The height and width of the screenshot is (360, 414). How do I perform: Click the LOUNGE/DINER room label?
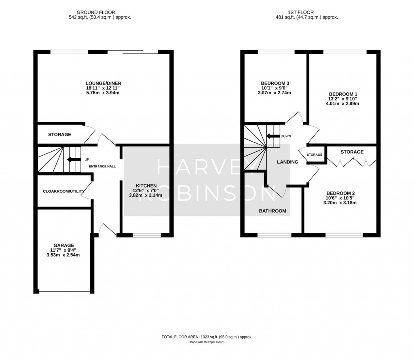click(103, 83)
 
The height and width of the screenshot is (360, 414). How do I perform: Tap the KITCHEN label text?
click(146, 186)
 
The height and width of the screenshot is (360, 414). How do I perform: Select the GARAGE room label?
click(63, 246)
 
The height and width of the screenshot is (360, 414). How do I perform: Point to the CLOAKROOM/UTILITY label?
click(63, 191)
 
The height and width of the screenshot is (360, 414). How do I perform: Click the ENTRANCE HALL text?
click(102, 166)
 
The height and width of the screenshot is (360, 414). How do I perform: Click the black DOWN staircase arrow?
click(273, 136)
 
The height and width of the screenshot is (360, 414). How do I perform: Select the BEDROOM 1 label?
click(343, 94)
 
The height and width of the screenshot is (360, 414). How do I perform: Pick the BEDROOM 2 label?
click(340, 193)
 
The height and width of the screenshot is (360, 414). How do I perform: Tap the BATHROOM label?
click(272, 211)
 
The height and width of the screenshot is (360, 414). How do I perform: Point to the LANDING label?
click(287, 162)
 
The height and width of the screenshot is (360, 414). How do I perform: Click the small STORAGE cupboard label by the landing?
click(315, 155)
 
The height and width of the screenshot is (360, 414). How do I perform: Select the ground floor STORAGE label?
click(60, 135)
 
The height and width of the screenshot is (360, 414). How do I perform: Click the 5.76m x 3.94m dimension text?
click(103, 93)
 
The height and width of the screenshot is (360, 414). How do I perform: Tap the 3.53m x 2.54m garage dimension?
click(63, 255)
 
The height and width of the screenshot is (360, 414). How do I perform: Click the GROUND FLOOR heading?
click(96, 13)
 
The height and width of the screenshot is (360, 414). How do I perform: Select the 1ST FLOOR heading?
click(301, 13)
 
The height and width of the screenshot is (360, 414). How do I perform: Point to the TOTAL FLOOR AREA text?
click(180, 337)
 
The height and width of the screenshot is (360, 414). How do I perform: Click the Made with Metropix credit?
click(207, 342)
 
